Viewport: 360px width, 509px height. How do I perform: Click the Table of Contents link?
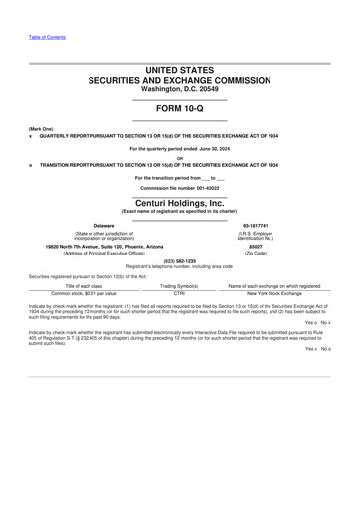(47, 37)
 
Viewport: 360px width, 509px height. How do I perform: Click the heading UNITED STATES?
(179, 70)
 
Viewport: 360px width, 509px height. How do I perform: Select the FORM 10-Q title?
(179, 107)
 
